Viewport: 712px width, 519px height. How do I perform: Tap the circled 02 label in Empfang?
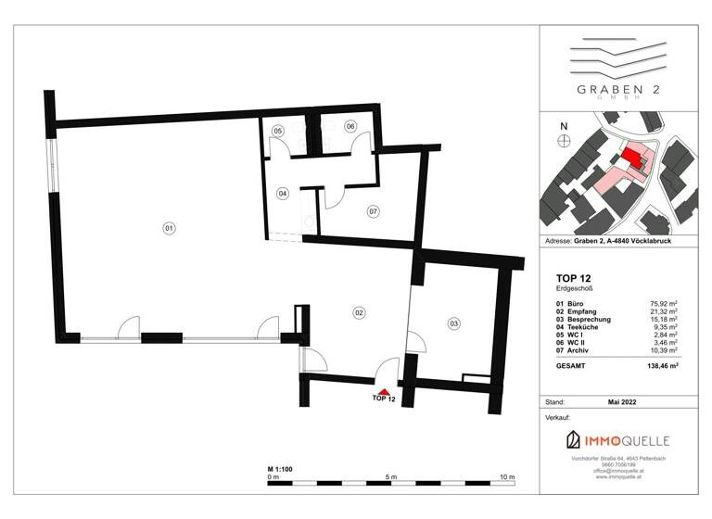click(x=358, y=313)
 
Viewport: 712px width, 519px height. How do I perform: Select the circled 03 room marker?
click(x=453, y=323)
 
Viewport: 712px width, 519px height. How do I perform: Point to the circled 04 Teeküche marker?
click(x=283, y=194)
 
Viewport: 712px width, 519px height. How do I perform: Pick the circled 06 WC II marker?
click(x=351, y=126)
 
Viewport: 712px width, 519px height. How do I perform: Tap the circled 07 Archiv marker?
click(x=373, y=211)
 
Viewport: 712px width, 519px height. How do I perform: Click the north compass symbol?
click(x=563, y=140)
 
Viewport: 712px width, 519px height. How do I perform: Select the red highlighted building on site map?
click(x=634, y=158)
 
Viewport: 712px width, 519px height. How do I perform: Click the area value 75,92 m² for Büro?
click(x=667, y=304)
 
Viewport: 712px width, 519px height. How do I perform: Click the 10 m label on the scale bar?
click(x=506, y=476)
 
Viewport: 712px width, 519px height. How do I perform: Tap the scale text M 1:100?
click(x=280, y=469)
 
